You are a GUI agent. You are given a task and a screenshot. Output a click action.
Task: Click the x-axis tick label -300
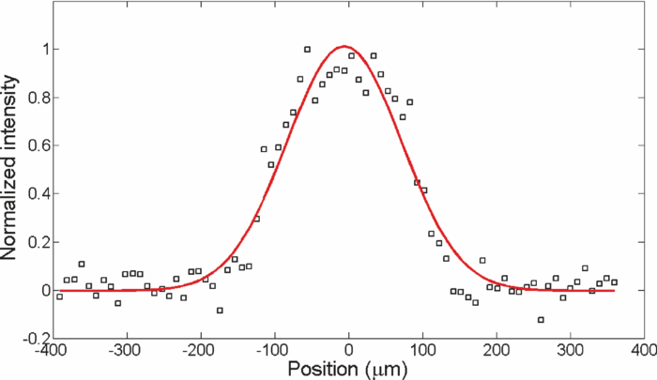pyautogui.click(x=124, y=351)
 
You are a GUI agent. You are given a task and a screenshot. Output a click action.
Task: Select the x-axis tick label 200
pyautogui.click(x=497, y=351)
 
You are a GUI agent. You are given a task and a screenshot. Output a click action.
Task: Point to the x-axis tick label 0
pyautogui.click(x=348, y=351)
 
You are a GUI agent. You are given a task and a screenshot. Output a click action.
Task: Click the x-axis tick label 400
pyautogui.click(x=645, y=351)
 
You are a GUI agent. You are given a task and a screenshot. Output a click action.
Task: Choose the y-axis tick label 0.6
pyautogui.click(x=38, y=145)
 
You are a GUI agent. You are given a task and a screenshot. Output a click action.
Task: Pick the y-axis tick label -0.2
pyautogui.click(x=36, y=339)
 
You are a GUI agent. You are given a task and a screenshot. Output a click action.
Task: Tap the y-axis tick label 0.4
pyautogui.click(x=38, y=194)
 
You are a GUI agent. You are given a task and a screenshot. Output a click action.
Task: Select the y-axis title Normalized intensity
pyautogui.click(x=10, y=168)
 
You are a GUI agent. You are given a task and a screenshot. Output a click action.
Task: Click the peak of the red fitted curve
pyautogui.click(x=344, y=46)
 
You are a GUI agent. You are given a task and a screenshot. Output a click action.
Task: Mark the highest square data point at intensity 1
pyautogui.click(x=307, y=50)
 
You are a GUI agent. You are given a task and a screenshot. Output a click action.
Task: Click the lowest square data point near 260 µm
pyautogui.click(x=541, y=320)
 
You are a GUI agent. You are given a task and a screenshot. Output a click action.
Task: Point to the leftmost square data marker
pyautogui.click(x=59, y=296)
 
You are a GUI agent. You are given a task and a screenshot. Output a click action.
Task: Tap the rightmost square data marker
pyautogui.click(x=614, y=282)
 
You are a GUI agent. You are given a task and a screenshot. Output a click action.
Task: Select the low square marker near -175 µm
pyautogui.click(x=220, y=311)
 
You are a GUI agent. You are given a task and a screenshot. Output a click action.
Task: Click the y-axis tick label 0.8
pyautogui.click(x=38, y=98)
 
